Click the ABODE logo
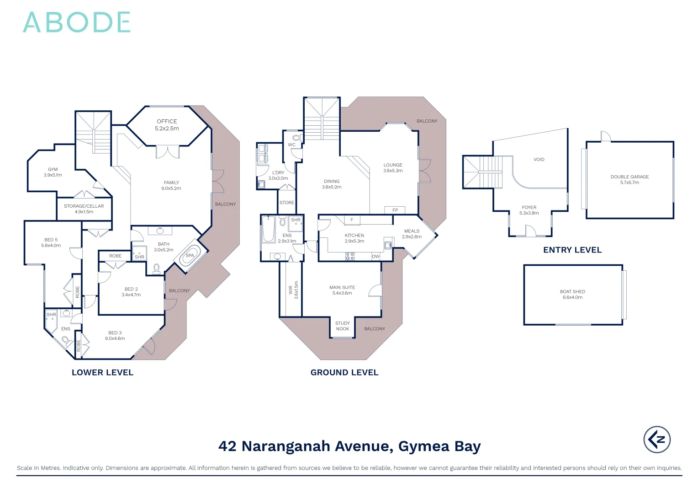click(x=77, y=22)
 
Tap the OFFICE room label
click(x=167, y=122)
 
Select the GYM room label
click(x=53, y=170)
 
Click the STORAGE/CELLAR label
click(x=84, y=206)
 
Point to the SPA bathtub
click(x=189, y=257)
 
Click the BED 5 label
click(x=51, y=240)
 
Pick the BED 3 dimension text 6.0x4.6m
click(x=115, y=338)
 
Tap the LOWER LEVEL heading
click(x=102, y=373)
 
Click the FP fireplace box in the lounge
click(x=395, y=210)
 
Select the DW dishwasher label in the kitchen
click(x=375, y=257)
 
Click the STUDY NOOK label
click(x=343, y=326)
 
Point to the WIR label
click(x=291, y=290)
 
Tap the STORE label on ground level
click(x=287, y=203)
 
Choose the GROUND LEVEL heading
click(x=344, y=373)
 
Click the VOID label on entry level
click(x=539, y=160)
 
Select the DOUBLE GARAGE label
click(x=629, y=177)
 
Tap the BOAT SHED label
click(x=572, y=292)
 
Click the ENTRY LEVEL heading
click(x=572, y=250)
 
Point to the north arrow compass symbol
click(x=657, y=440)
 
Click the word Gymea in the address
click(x=423, y=446)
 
